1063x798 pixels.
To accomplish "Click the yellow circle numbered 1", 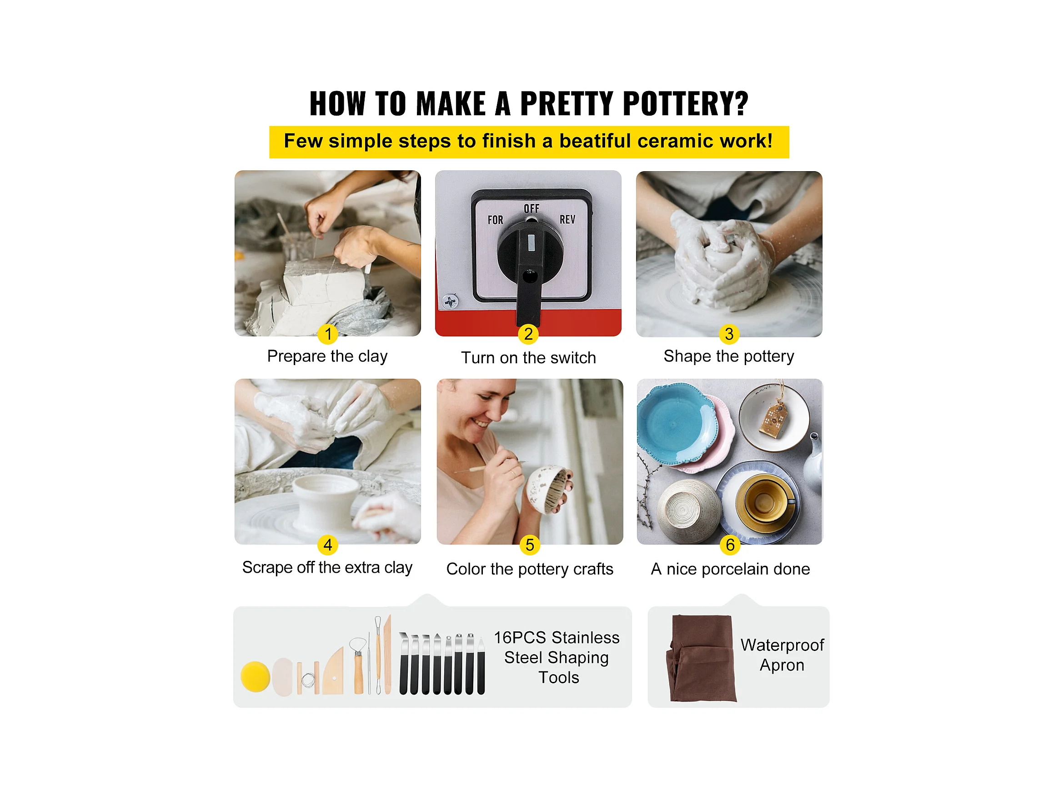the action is pyautogui.click(x=328, y=334).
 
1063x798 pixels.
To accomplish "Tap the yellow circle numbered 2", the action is pyautogui.click(x=528, y=334).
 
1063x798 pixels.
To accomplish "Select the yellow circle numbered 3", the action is pyautogui.click(x=729, y=334).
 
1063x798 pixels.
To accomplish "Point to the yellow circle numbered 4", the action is pyautogui.click(x=328, y=545).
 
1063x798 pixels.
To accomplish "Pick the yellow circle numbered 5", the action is pyautogui.click(x=530, y=545).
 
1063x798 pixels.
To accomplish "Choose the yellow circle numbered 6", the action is pyautogui.click(x=730, y=545).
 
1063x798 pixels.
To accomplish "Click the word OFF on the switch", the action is pyautogui.click(x=531, y=209).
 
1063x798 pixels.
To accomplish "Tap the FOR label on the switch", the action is pyautogui.click(x=496, y=220).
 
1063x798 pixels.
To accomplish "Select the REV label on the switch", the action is pyautogui.click(x=567, y=219).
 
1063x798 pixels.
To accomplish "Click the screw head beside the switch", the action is pyautogui.click(x=450, y=302).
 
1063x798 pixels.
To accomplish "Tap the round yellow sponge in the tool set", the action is pyautogui.click(x=255, y=677).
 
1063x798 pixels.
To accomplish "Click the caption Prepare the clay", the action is pyautogui.click(x=327, y=356).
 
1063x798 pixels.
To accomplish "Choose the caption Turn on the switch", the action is pyautogui.click(x=529, y=358).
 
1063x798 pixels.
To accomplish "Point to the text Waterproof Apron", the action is pyautogui.click(x=782, y=655).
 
